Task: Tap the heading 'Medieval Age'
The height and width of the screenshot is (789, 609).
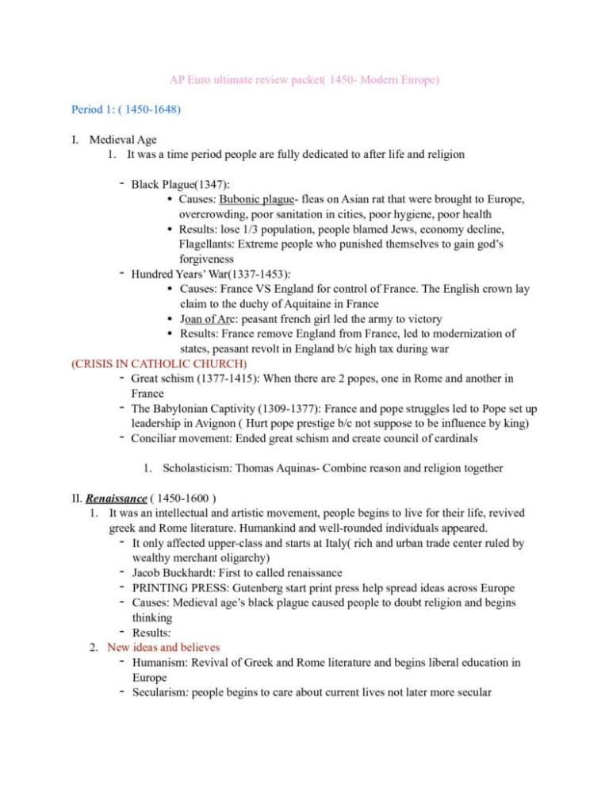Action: coord(118,140)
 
